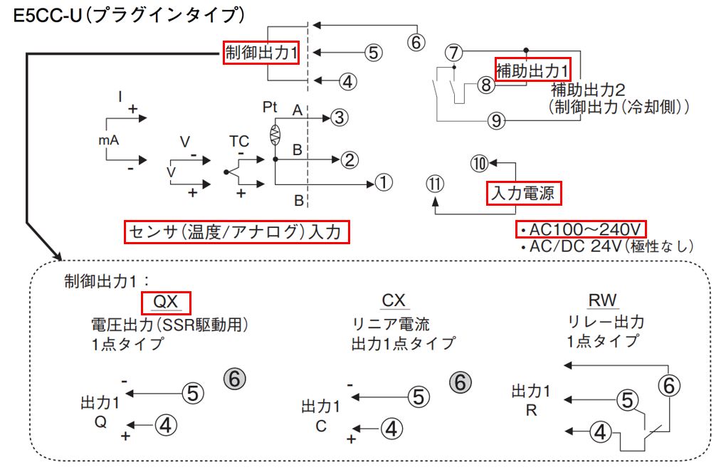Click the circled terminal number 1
click(384, 182)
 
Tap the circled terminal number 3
click(340, 117)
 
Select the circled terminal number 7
click(454, 53)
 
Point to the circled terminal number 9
click(496, 121)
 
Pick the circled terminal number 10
click(480, 164)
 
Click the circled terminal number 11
click(435, 184)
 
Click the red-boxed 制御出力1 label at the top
click(261, 53)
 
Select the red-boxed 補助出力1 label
click(532, 70)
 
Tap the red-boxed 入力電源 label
click(524, 193)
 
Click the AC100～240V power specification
click(581, 229)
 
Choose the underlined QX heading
click(166, 303)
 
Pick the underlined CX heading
click(394, 300)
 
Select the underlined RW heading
click(603, 300)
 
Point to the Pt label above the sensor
click(270, 107)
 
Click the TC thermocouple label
click(239, 141)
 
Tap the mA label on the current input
click(109, 140)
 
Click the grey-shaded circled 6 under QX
click(235, 379)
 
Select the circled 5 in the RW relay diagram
click(627, 400)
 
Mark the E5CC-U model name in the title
click(48, 16)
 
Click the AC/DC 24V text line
click(606, 246)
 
